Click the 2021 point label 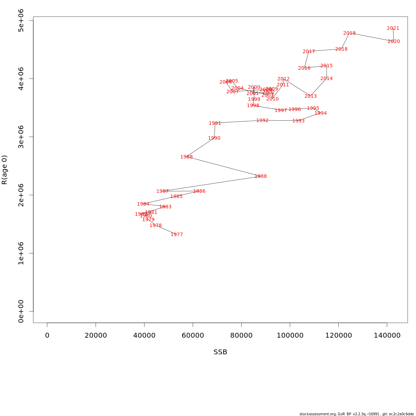(393, 28)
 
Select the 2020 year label (394, 42)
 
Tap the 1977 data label (177, 235)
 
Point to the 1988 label (261, 176)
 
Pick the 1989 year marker (187, 157)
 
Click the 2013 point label (311, 96)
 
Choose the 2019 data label (349, 33)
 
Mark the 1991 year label (215, 123)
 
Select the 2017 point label (309, 52)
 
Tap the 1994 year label (321, 113)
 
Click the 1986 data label (199, 191)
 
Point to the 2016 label (304, 68)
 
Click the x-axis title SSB (220, 352)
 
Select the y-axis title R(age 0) (5, 170)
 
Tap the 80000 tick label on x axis (241, 336)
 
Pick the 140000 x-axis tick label (387, 336)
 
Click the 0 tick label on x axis (47, 336)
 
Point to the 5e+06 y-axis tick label (21, 20)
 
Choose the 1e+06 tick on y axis (21, 253)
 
